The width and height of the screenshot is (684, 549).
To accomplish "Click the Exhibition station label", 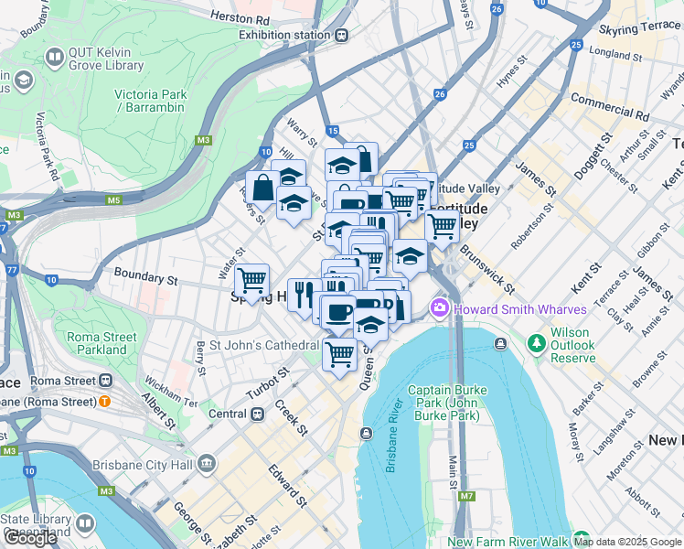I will (283, 35).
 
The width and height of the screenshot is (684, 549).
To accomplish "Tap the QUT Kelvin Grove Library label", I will (103, 59).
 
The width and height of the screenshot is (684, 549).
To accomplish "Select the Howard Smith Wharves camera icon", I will (440, 307).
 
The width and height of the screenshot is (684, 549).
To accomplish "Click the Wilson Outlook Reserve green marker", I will (537, 344).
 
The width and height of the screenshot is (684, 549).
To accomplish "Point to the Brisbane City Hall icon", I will (207, 464).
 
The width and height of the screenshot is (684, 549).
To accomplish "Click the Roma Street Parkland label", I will (102, 343).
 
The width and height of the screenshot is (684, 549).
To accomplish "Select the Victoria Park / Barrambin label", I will (151, 101).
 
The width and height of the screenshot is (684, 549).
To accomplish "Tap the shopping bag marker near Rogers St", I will (262, 188).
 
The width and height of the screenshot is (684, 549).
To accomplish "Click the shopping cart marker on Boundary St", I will (251, 281).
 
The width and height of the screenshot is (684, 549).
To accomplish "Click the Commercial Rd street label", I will (609, 107).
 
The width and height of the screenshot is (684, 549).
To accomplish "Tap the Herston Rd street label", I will (240, 17).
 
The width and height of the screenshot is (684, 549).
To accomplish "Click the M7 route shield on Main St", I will (467, 497).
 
